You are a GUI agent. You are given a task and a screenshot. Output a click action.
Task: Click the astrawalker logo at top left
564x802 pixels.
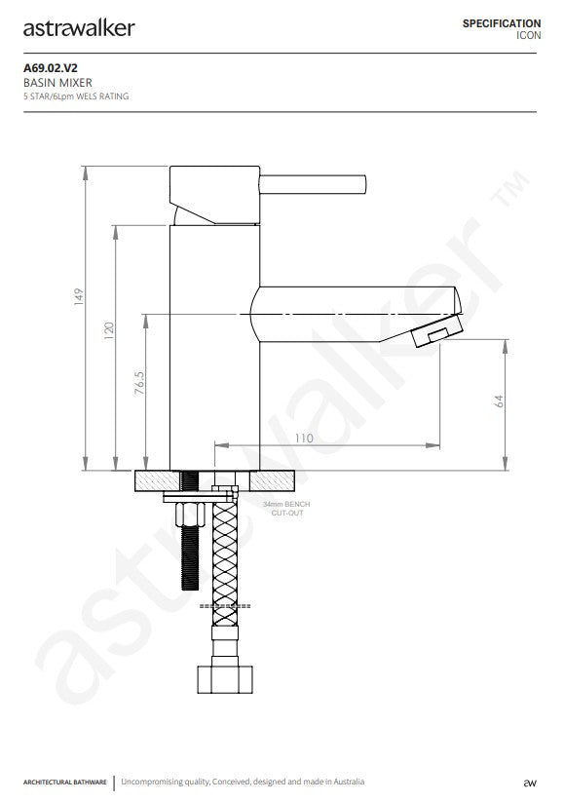pyautogui.click(x=79, y=28)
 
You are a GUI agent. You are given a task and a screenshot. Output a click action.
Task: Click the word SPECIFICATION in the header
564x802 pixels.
pyautogui.click(x=502, y=23)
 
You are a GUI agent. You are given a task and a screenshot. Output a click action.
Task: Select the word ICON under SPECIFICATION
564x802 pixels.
pyautogui.click(x=528, y=35)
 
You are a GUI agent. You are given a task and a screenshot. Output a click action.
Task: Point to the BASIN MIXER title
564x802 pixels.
pyautogui.click(x=57, y=83)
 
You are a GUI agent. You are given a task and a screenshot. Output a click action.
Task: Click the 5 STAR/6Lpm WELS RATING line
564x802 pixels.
pyautogui.click(x=76, y=96)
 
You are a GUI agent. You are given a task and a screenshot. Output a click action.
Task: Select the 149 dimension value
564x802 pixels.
pyautogui.click(x=78, y=297)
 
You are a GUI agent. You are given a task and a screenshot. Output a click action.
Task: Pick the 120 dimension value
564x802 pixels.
pyautogui.click(x=109, y=330)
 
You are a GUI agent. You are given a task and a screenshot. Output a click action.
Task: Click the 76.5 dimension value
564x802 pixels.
pyautogui.click(x=139, y=383)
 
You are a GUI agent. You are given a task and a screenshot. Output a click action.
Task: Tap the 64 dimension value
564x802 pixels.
pyautogui.click(x=499, y=401)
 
